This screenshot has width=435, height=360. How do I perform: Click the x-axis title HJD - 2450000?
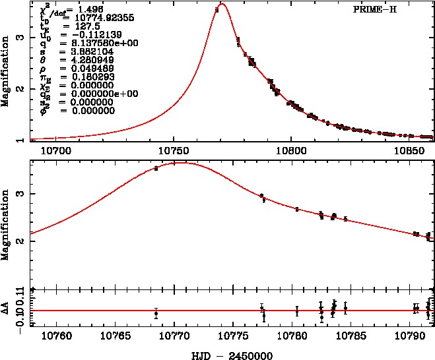229,354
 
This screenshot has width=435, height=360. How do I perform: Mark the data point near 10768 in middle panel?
156,169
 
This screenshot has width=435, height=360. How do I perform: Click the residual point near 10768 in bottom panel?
156,314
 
